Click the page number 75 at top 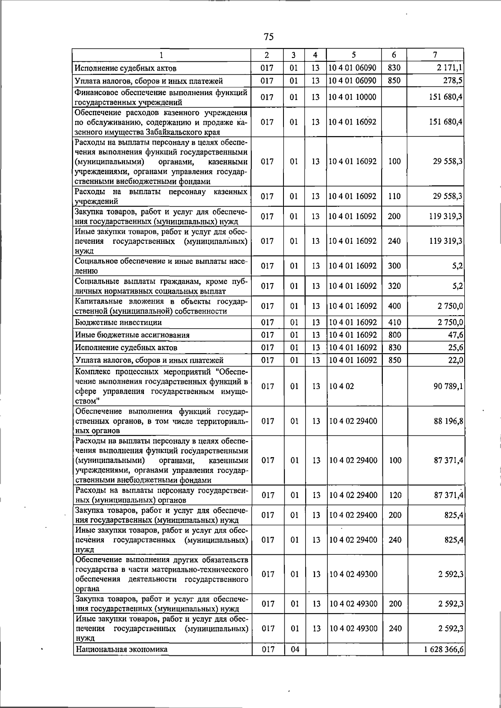coord(268,37)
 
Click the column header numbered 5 coord(354,55)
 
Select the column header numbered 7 coord(435,55)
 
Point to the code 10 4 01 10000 coord(352,97)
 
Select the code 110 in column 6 coord(394,196)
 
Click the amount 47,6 coord(455,335)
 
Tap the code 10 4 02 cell coord(342,387)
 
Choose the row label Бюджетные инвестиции coord(119,323)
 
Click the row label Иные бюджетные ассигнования coord(132,335)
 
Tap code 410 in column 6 coord(394,323)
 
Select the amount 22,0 coord(455,360)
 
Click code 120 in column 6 coord(395,495)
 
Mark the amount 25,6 coord(455,348)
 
